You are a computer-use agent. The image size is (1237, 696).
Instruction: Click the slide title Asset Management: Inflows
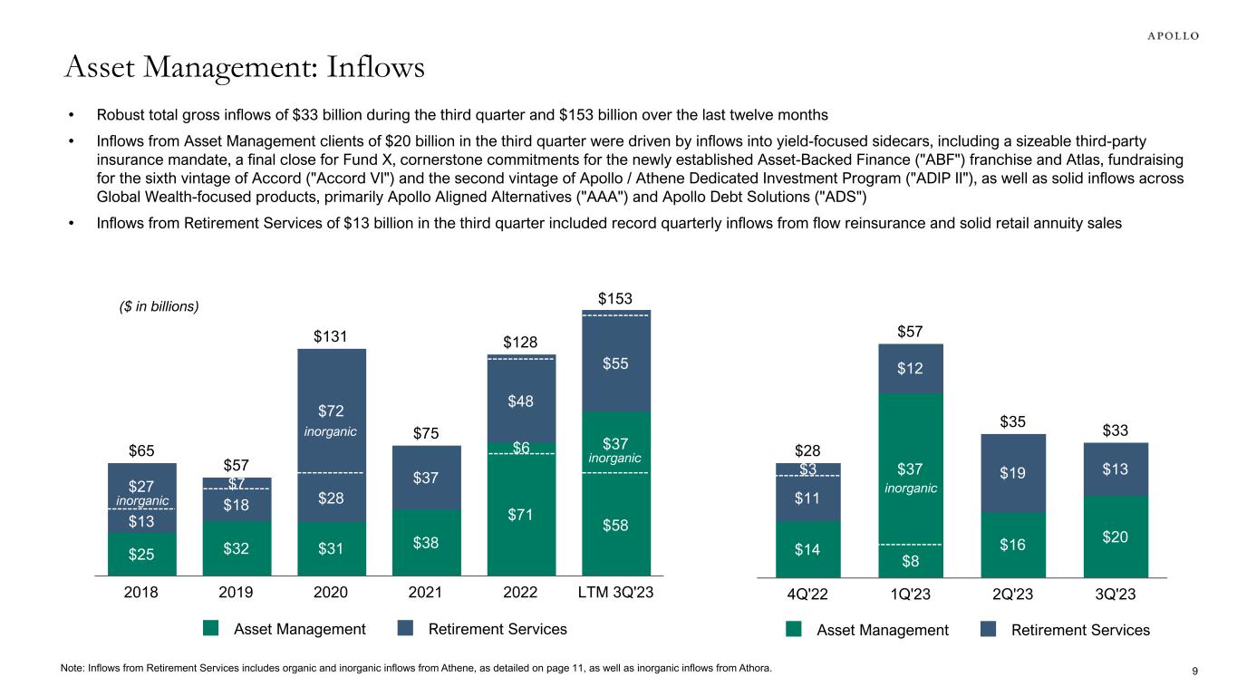[245, 67]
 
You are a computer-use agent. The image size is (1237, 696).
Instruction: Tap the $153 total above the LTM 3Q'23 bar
[615, 298]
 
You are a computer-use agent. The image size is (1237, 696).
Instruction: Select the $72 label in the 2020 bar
[331, 411]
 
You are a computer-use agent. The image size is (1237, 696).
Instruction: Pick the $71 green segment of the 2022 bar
[521, 515]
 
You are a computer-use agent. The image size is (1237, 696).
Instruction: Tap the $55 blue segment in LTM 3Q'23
[615, 363]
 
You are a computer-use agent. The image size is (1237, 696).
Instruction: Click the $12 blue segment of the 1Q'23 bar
[911, 368]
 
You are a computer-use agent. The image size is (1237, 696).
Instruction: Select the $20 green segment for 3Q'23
[1115, 536]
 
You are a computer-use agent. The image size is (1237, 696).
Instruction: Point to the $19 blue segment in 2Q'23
[1013, 473]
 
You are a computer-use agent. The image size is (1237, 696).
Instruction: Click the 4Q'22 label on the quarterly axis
[808, 594]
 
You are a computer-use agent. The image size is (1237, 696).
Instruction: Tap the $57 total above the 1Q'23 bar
[911, 333]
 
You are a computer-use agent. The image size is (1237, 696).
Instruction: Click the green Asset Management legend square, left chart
[211, 629]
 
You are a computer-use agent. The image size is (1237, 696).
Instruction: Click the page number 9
[1194, 671]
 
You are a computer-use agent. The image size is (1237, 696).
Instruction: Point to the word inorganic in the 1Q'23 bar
[910, 488]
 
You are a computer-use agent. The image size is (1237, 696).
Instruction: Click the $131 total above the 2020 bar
[331, 337]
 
